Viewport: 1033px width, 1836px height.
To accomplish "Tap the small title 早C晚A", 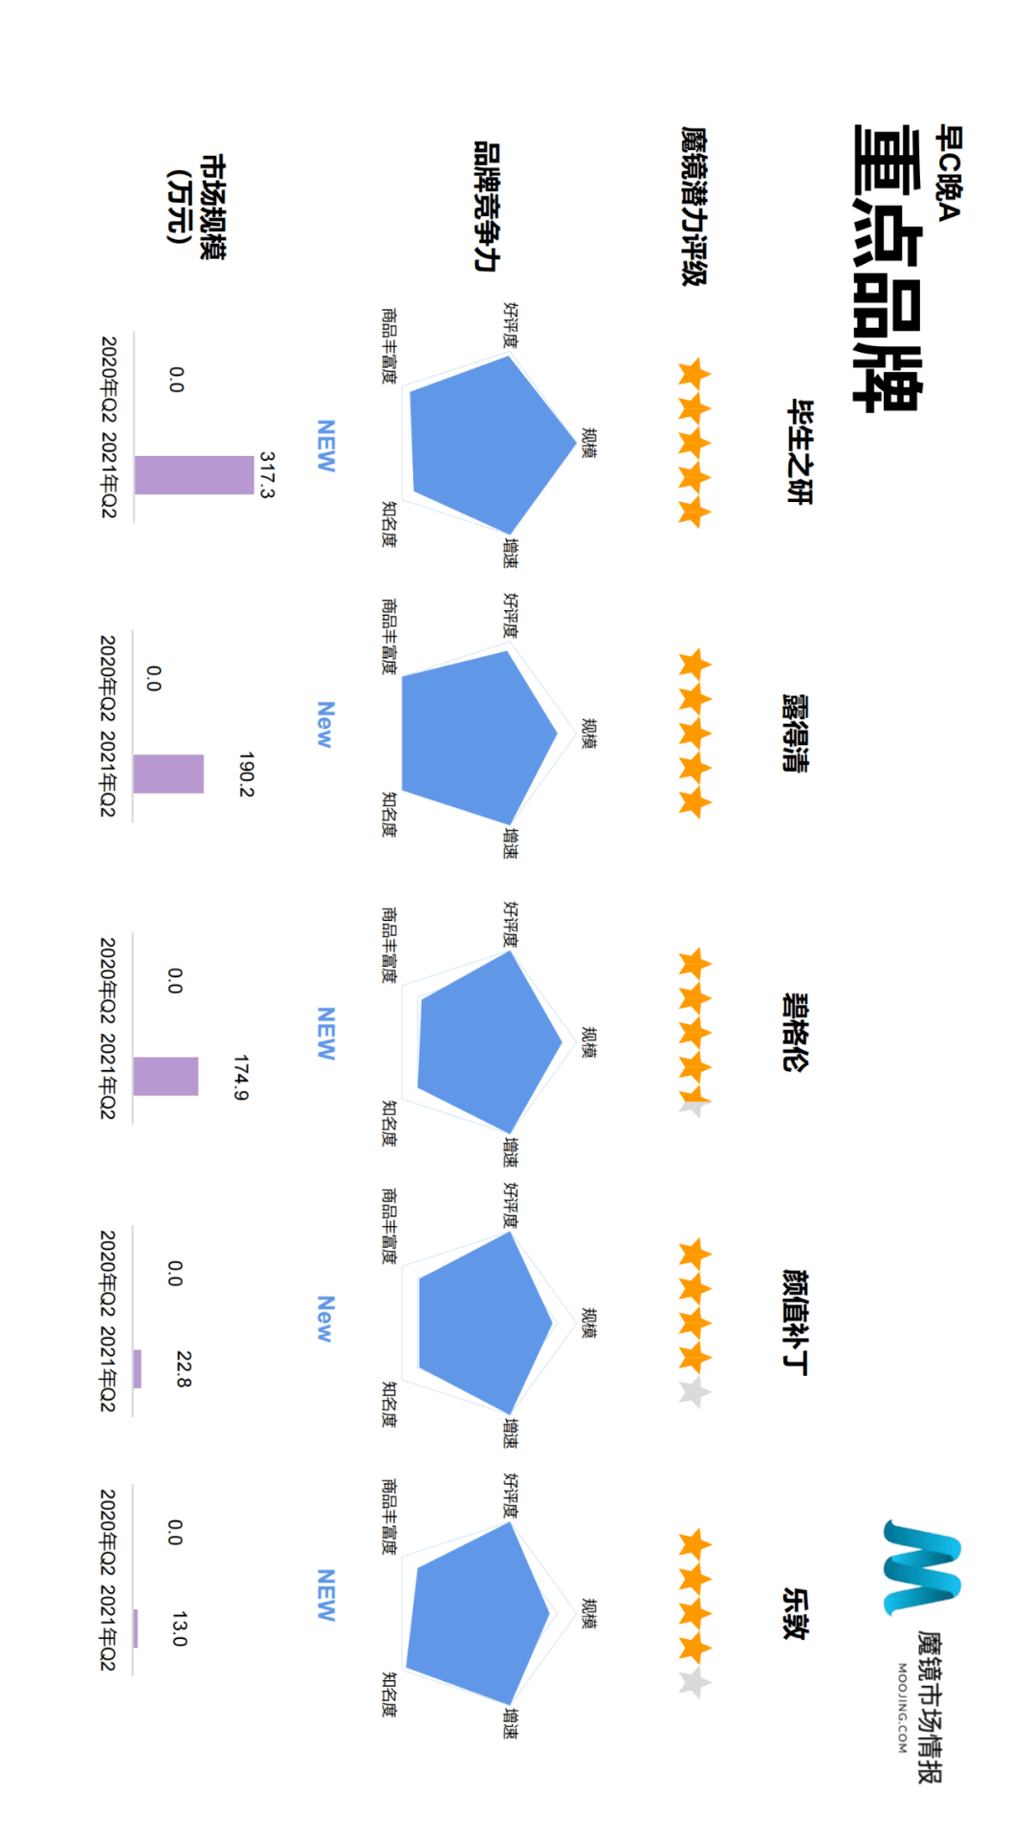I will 948,172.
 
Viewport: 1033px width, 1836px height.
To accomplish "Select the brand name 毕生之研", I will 799,451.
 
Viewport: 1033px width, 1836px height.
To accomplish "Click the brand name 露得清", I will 796,733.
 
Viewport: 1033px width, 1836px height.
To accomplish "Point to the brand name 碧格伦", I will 796,1032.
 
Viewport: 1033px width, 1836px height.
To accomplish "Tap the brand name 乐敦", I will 796,1614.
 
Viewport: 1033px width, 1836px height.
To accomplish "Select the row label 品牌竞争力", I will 487,206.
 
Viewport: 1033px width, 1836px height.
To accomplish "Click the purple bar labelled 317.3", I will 194,475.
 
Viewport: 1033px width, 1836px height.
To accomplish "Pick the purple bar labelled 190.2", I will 168,774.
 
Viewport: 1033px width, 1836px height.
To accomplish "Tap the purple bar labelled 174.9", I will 165,1076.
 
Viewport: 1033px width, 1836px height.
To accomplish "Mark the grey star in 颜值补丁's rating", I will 694,1392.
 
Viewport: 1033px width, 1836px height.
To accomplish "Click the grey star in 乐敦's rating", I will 694,1682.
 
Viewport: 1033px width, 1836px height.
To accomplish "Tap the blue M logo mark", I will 921,1568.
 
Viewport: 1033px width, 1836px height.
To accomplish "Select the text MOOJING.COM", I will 902,1708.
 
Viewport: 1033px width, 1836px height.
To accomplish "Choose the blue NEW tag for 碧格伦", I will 326,1033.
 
